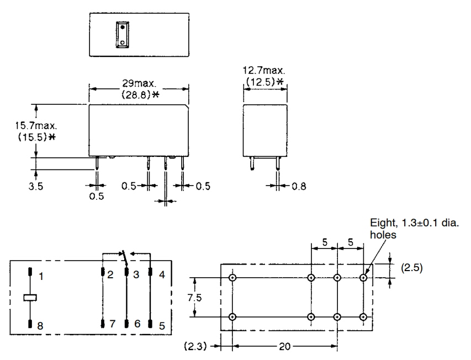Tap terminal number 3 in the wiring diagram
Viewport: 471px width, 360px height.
(136, 274)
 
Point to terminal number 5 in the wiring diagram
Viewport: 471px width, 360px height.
(161, 326)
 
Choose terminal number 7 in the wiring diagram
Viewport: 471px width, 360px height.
(111, 326)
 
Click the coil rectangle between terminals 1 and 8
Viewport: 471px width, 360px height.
(31, 298)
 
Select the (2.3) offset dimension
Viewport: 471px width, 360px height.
(198, 347)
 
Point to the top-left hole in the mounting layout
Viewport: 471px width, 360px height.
(232, 277)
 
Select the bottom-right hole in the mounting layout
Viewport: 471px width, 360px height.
(363, 317)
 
